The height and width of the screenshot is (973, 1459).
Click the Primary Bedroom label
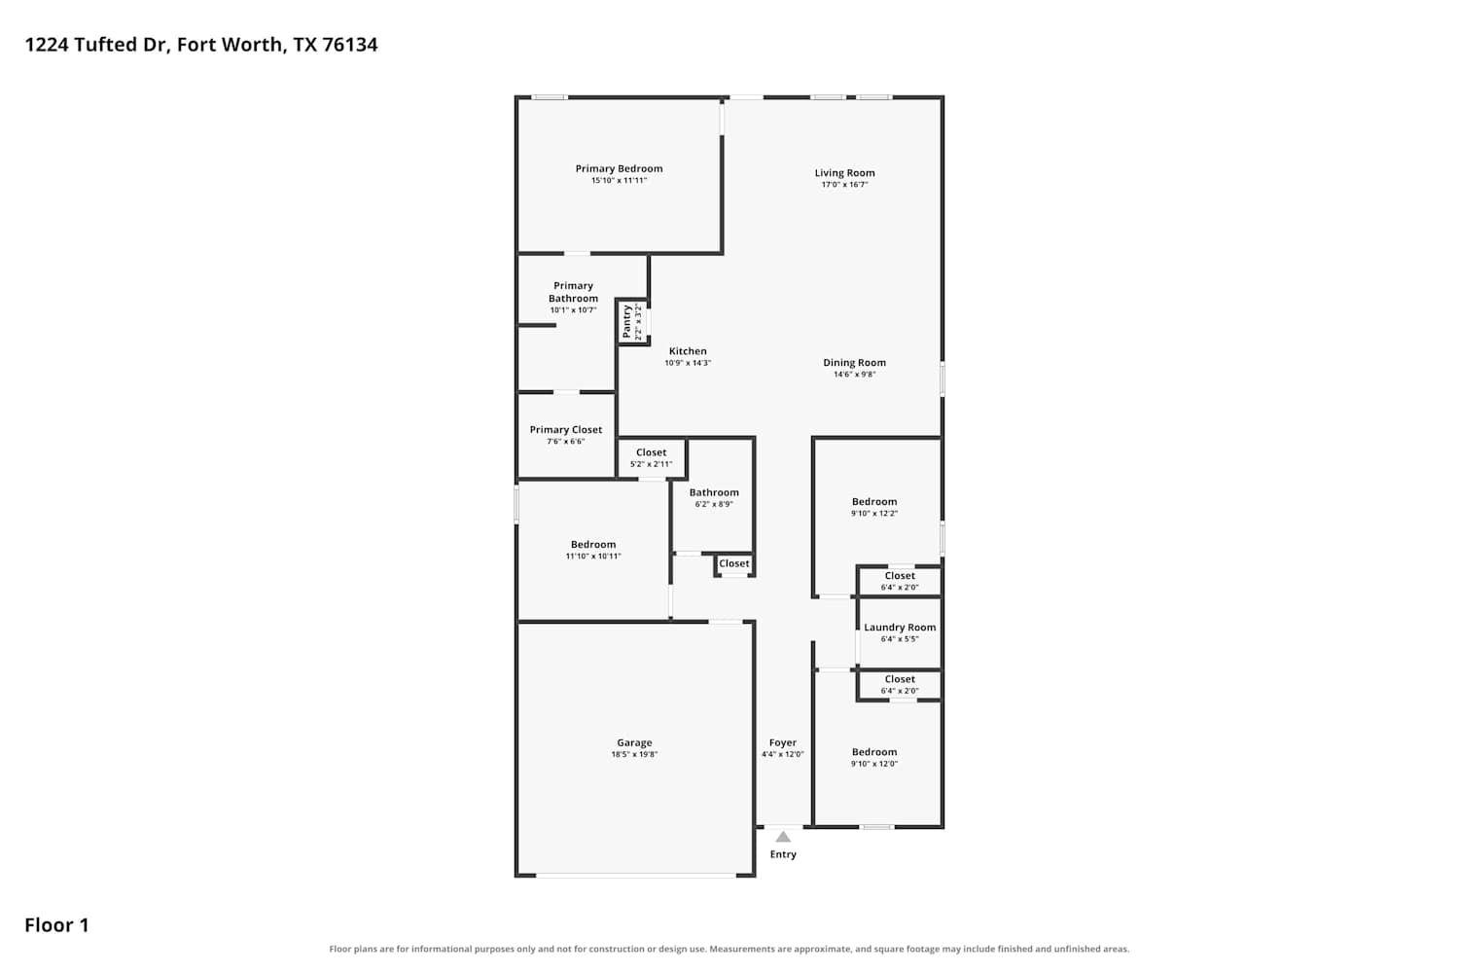point(619,168)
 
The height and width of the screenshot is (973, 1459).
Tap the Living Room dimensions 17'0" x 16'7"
point(844,185)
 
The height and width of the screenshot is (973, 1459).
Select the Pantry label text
point(626,322)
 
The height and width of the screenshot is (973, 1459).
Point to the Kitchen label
point(687,351)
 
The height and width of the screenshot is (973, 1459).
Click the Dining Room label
point(854,363)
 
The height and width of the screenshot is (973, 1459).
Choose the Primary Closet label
point(565,430)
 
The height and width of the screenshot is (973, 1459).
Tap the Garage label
point(634,743)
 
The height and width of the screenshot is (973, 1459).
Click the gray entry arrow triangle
point(783,837)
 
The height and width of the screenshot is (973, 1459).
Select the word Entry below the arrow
point(783,854)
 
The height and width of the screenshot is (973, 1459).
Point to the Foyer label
point(782,743)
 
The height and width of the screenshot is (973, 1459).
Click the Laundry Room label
point(900,628)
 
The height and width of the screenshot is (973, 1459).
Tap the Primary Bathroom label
point(573,292)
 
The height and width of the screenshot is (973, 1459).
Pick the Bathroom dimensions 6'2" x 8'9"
point(714,504)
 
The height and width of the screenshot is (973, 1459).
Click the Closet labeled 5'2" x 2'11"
point(651,452)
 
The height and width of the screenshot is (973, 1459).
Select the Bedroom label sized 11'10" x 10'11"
point(592,545)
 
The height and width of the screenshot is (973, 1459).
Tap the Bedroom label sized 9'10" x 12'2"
point(874,502)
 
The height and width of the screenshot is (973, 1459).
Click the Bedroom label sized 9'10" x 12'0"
point(874,752)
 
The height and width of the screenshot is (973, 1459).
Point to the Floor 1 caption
point(56,925)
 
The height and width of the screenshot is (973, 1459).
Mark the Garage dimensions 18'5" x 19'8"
point(634,755)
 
